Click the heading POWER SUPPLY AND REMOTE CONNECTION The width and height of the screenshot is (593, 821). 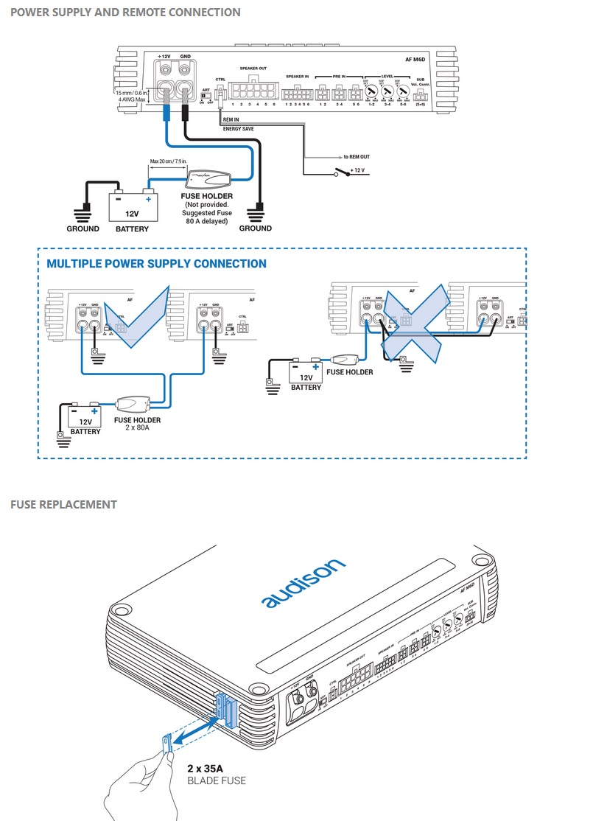tap(125, 13)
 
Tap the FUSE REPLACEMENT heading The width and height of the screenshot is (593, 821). tap(63, 505)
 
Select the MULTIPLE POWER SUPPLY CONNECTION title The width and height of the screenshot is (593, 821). tap(156, 264)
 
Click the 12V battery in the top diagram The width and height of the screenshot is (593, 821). tap(133, 206)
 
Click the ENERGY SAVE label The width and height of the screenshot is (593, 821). tap(239, 127)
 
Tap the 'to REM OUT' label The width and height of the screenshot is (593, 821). tap(357, 157)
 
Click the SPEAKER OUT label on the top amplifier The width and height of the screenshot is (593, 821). tap(253, 69)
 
